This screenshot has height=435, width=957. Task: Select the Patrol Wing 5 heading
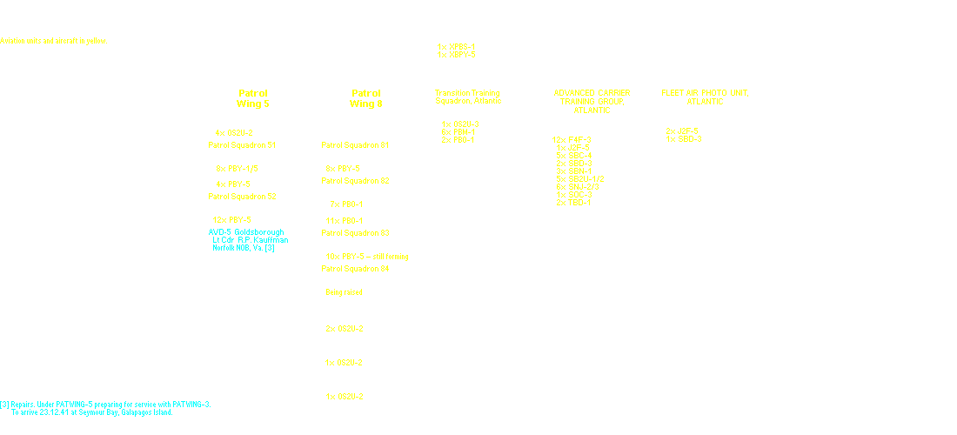coord(252,98)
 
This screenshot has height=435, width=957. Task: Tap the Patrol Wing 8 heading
coord(365,98)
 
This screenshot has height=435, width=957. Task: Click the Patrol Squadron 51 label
coord(242,145)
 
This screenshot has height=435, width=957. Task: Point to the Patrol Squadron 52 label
coord(242,197)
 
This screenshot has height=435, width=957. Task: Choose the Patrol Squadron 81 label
coord(355,145)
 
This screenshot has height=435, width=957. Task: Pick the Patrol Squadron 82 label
coord(355,180)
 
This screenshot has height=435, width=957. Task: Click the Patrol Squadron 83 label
coord(355,233)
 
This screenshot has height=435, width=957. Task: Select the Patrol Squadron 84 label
coord(355,269)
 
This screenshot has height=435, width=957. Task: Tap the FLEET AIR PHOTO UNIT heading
coord(705,97)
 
